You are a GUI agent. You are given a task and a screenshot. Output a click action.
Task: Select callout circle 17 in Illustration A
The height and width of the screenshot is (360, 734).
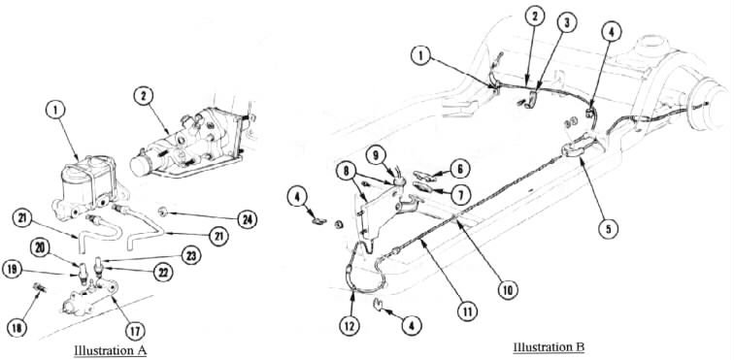point(135,330)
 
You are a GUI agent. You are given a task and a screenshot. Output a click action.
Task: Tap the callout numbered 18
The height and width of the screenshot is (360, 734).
point(17,328)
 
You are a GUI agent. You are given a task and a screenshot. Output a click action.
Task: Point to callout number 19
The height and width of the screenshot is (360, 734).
point(12,269)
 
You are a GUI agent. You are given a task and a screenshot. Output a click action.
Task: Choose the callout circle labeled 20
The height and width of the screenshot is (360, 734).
point(40,247)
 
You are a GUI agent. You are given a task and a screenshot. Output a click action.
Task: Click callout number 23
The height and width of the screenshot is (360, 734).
point(191,255)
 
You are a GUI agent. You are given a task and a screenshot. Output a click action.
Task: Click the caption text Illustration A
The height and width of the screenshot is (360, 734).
point(111,349)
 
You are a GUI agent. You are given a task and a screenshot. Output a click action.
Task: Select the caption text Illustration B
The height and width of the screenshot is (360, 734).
point(549,347)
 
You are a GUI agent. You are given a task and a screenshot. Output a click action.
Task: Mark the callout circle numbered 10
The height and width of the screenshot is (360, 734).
point(508,290)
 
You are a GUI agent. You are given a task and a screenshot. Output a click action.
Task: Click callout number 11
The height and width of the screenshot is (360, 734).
point(467,311)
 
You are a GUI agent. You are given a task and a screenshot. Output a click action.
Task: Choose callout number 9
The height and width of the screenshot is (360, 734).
point(377,153)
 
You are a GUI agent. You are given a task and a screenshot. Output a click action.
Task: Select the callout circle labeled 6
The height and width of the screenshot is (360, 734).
point(459,169)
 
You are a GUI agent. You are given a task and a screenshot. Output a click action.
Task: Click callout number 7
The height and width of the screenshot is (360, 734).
point(459,194)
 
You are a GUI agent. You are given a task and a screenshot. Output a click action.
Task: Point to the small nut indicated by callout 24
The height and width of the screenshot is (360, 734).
point(164,212)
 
